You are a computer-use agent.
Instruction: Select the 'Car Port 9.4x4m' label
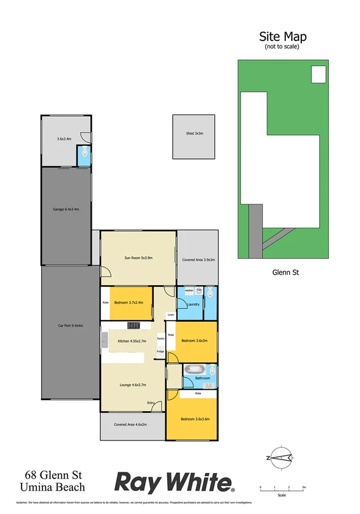click(x=70, y=326)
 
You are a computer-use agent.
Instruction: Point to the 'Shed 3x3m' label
click(x=195, y=133)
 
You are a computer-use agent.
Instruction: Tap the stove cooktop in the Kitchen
click(x=134, y=324)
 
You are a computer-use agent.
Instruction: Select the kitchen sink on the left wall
click(x=105, y=337)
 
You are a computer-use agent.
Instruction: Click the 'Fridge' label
click(x=160, y=351)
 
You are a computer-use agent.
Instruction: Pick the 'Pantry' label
click(x=161, y=338)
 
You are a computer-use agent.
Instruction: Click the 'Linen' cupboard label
click(x=170, y=315)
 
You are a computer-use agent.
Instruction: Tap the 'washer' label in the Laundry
click(x=189, y=290)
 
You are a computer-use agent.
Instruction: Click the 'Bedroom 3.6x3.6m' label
click(x=195, y=419)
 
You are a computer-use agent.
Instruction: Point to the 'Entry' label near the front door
click(x=151, y=403)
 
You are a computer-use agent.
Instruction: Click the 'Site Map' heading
click(x=283, y=37)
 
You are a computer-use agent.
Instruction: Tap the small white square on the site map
click(x=318, y=74)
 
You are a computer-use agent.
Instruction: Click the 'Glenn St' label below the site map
click(x=283, y=273)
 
